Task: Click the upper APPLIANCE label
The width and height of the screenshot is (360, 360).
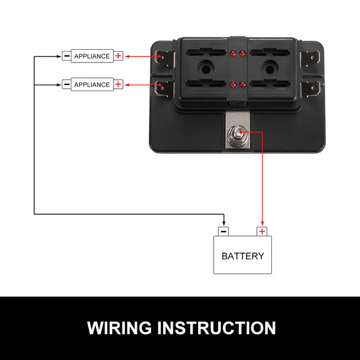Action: (x=92, y=56)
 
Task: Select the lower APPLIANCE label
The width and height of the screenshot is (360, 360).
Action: (x=92, y=85)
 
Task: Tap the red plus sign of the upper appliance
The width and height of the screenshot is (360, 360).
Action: (x=118, y=56)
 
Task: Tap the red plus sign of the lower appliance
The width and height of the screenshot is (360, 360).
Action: (x=118, y=85)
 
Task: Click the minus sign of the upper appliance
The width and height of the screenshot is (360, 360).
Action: (x=66, y=56)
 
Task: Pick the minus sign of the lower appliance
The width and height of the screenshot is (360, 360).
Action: (x=66, y=85)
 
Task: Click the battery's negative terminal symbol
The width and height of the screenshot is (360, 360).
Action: (x=223, y=231)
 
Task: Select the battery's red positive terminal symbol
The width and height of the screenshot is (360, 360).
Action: (x=262, y=231)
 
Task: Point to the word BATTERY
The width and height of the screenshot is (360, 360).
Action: (x=242, y=256)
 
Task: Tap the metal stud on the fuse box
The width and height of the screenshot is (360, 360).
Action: (x=238, y=131)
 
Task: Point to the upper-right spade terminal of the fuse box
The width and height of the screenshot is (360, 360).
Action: (x=313, y=59)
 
